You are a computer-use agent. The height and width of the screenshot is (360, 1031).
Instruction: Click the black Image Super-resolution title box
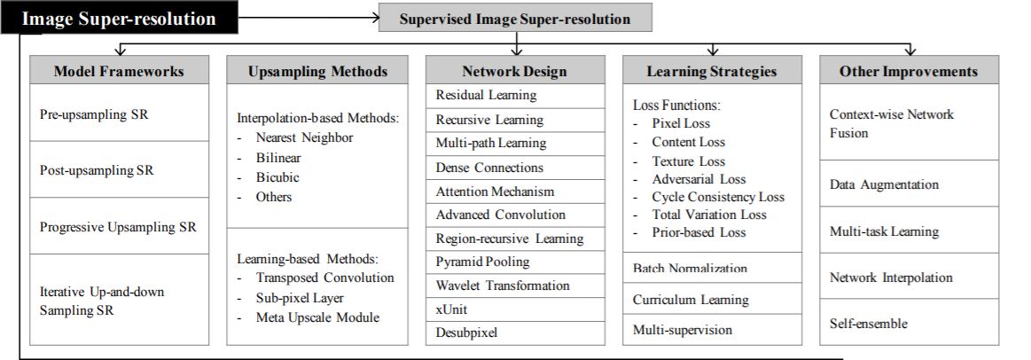coord(119,18)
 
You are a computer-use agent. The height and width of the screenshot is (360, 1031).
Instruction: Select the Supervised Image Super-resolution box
coord(515,18)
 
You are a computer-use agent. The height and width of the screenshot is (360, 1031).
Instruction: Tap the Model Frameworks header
coord(119,70)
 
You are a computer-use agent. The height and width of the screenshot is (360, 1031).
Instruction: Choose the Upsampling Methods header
coord(317,70)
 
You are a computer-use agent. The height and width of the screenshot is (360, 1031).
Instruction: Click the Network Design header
coord(515,70)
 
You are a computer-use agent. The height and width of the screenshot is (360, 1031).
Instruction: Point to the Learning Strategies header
coord(712,70)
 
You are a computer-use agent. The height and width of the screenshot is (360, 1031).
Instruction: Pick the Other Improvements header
coord(910,70)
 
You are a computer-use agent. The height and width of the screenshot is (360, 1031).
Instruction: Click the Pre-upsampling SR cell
coord(119,113)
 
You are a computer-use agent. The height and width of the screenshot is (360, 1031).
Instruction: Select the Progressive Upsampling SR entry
coord(119,226)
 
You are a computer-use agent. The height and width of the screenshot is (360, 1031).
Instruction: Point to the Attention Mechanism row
coord(515,192)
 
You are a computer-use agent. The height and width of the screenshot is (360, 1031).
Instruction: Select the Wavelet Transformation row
coord(515,286)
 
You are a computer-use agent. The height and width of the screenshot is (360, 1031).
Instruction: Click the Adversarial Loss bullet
coord(690,179)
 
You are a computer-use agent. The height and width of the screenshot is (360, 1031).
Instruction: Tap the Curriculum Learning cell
coord(712,300)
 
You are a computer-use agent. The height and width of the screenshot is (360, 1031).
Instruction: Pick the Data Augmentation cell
coord(910,184)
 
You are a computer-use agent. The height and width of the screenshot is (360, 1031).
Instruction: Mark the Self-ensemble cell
coord(910,323)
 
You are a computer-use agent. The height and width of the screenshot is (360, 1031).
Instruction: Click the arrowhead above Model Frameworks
coord(120,51)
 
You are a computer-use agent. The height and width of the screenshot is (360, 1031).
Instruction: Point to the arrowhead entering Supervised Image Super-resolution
coord(373,17)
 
